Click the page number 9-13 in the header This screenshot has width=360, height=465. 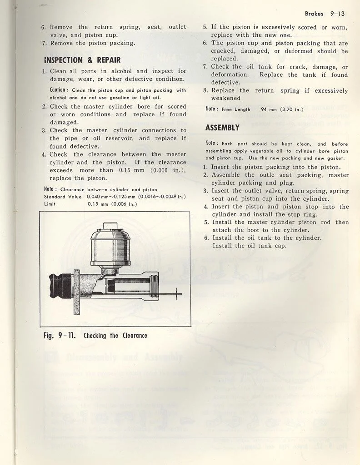tap(337, 14)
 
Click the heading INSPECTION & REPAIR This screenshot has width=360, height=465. tap(82, 60)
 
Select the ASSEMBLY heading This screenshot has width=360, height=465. tap(222, 128)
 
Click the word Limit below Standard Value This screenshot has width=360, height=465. tap(50, 204)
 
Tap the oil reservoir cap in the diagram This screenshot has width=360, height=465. tap(108, 226)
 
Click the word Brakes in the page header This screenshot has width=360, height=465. tap(314, 14)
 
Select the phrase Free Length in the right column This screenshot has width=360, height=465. tap(236, 109)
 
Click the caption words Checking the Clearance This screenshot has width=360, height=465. tap(115, 336)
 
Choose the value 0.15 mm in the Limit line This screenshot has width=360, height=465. tap(98, 204)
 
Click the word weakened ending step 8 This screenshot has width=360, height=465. tap(226, 98)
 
